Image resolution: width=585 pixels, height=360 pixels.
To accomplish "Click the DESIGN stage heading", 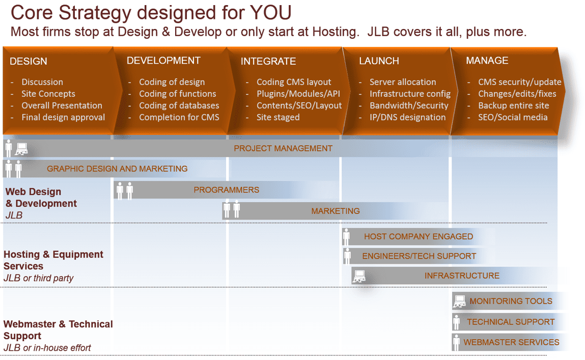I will coord(29,61).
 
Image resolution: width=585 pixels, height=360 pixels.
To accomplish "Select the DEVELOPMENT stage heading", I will coord(163,61).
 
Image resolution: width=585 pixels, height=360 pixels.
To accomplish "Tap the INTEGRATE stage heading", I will coord(268,61).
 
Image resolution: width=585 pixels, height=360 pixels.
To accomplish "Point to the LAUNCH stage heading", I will coord(379,61).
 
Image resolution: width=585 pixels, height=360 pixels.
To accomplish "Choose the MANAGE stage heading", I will coord(487,61).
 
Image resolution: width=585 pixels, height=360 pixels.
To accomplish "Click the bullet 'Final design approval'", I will coord(63,117).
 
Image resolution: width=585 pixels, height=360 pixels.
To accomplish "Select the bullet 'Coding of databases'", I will coord(179,105).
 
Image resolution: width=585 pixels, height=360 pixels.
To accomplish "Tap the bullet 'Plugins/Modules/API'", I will coord(298,94).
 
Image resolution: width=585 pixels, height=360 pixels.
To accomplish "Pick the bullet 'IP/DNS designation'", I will coord(407,117).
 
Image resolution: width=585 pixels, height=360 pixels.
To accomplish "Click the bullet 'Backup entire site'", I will coord(513,105).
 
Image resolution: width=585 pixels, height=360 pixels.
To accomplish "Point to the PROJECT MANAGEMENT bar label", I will coord(283,148).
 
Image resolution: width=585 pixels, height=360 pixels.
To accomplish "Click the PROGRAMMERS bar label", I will coord(226,190).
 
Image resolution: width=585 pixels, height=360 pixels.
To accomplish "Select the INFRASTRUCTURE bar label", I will coord(462,275).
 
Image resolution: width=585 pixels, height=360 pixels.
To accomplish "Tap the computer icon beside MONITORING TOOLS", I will coord(459,301).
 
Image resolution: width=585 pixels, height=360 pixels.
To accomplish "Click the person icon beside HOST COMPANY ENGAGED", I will coord(347,237).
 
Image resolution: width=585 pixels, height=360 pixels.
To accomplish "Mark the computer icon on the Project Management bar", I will coord(21,149).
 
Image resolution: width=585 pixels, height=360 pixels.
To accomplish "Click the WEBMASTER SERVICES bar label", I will coord(511,342).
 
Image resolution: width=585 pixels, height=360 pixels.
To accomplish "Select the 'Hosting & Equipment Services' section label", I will coord(53,260).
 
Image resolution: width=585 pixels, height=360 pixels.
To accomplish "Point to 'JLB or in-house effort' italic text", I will coord(47,348).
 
